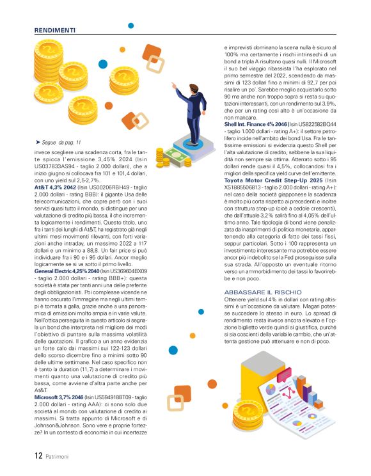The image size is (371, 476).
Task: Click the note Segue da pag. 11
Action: point(60,141)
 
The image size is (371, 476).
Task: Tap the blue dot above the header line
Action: point(131,26)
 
